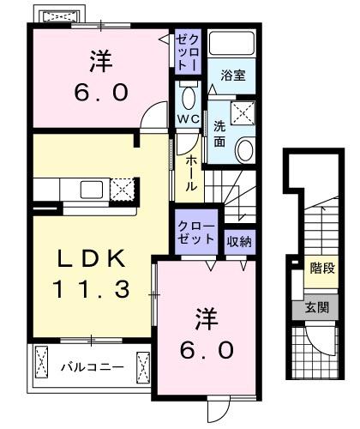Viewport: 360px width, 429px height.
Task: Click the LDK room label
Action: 92,258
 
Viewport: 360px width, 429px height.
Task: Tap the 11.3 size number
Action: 91,289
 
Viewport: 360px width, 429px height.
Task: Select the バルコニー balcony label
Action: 93,366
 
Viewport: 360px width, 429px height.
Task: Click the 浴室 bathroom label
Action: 233,76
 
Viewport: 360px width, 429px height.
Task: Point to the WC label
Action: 188,118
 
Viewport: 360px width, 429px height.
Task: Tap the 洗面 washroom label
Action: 219,134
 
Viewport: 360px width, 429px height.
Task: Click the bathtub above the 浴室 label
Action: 231,43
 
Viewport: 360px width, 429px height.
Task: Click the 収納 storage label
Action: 239,242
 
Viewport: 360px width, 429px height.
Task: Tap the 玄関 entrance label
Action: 317,307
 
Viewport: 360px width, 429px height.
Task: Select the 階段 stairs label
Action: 322,269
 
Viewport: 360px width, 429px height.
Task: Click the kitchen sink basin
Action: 92,190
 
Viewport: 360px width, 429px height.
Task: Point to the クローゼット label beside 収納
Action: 196,233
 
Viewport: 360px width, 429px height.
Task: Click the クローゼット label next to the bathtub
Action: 188,52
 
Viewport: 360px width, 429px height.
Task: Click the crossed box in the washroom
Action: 243,112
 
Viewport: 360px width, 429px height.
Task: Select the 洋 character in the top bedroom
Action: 101,61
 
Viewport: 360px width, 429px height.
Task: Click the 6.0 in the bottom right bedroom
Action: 207,350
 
